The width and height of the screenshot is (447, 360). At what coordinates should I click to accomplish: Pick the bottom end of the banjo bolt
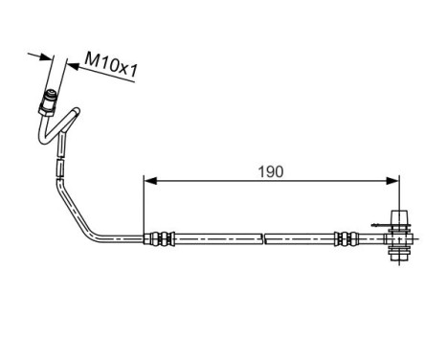point(400,257)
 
